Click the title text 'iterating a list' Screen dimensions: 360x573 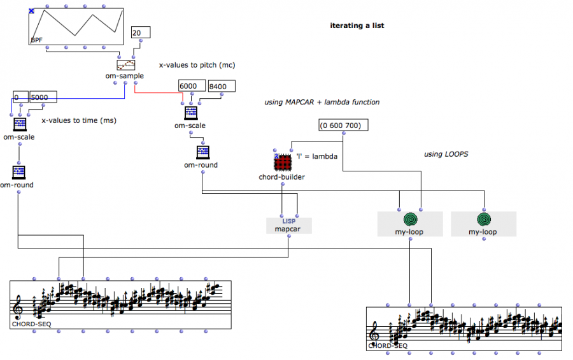click(x=357, y=26)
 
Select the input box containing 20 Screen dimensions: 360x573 click(x=140, y=33)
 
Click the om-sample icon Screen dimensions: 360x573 click(x=125, y=64)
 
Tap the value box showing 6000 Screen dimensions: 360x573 click(x=192, y=86)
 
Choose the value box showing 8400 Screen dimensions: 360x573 click(x=221, y=86)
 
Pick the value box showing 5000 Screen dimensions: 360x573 click(x=43, y=97)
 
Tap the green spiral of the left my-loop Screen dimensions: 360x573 click(x=410, y=220)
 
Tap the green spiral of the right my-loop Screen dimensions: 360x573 click(x=483, y=220)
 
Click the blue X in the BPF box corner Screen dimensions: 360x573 click(x=32, y=11)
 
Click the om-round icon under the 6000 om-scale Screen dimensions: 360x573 click(x=202, y=152)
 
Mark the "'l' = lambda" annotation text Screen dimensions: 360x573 click(x=316, y=156)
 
